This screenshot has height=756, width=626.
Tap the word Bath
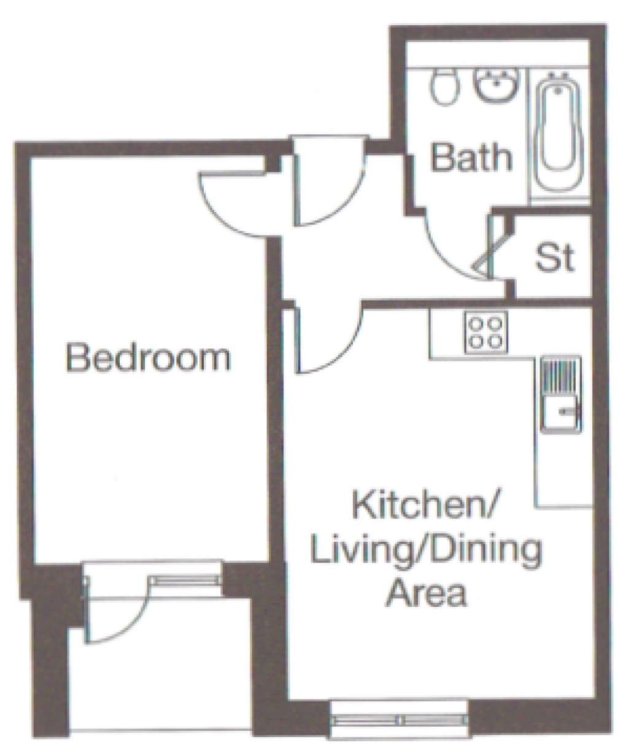tap(471, 157)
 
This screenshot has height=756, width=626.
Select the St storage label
tap(555, 258)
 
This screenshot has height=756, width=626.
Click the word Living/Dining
tap(426, 551)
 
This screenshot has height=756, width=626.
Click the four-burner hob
tap(485, 331)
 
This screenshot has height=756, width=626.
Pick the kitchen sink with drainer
tap(558, 393)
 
